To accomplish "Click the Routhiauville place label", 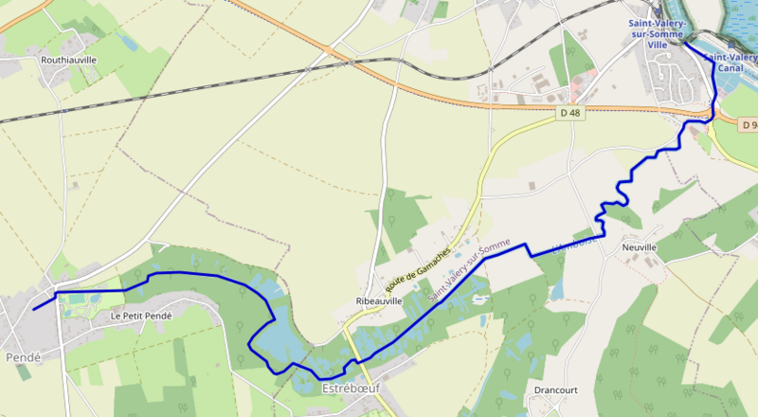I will [x=68, y=59].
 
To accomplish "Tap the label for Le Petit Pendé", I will [x=141, y=316].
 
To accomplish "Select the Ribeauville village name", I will [x=379, y=300].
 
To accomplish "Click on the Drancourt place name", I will [x=555, y=390].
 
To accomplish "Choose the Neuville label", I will [x=640, y=247].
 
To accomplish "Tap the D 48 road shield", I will [x=568, y=113].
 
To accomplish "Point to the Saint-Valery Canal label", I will [x=730, y=63].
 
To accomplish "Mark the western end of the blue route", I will [x=34, y=309].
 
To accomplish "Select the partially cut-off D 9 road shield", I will [x=749, y=125].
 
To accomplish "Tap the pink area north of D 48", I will [x=591, y=72].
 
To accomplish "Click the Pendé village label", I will [x=21, y=357].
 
